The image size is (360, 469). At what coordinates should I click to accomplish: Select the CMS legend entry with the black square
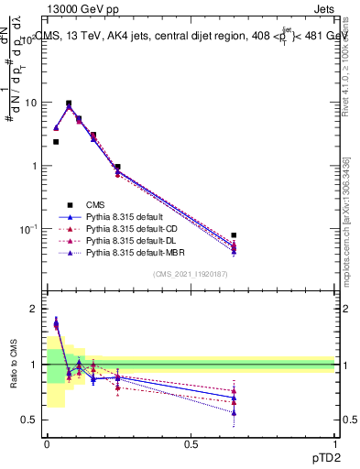pos(101,204)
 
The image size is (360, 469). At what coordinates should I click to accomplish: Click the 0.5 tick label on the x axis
pos(191,444)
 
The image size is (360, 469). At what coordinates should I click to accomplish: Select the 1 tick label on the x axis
pos(335,444)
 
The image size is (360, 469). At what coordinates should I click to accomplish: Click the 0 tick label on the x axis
pos(47,444)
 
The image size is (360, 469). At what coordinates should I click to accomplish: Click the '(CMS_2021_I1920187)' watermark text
pos(191,275)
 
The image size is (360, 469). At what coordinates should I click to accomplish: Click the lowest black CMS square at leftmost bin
pos(56,142)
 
